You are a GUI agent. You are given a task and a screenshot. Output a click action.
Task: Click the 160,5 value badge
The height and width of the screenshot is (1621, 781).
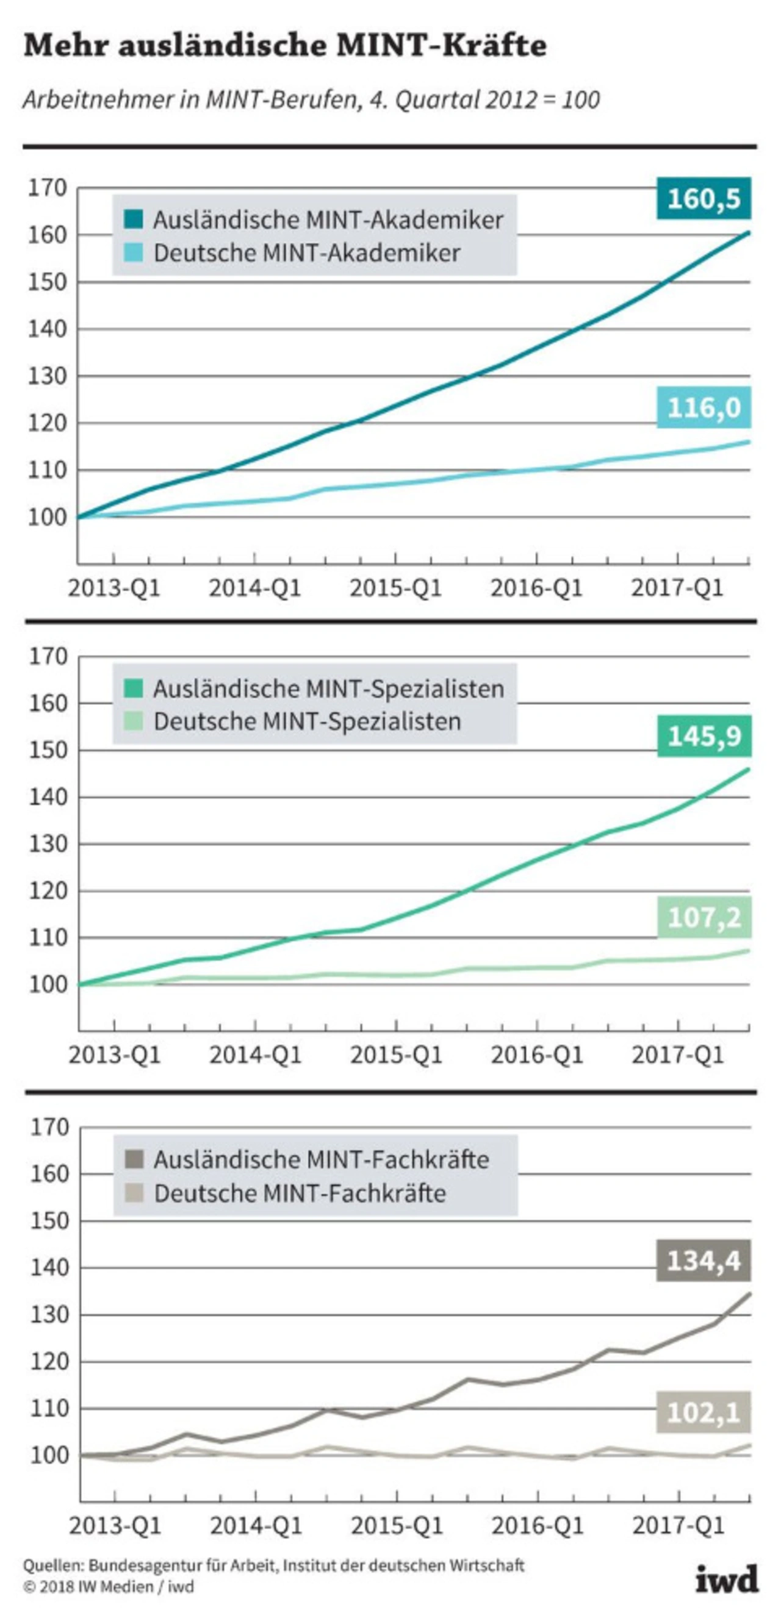coord(704,199)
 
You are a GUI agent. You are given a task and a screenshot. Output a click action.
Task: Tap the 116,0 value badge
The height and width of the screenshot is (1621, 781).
coord(704,408)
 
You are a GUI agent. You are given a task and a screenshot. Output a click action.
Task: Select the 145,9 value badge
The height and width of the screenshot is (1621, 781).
coord(704,735)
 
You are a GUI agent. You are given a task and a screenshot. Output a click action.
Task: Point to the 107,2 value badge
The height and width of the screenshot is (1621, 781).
coord(704,917)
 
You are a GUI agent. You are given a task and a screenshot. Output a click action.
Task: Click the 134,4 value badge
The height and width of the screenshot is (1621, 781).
coord(704,1261)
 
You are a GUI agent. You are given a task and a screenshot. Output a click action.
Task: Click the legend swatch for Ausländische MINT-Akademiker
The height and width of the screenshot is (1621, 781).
coord(134,220)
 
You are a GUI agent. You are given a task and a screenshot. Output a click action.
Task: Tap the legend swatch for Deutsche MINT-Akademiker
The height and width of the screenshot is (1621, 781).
coord(134,253)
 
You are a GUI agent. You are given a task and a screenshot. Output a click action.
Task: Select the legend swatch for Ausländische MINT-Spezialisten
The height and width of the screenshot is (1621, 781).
coord(134,689)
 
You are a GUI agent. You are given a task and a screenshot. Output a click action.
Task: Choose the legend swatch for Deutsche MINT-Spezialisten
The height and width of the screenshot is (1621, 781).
coord(134,721)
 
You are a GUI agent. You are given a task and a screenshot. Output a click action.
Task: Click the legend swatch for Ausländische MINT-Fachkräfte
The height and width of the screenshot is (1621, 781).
coord(134,1159)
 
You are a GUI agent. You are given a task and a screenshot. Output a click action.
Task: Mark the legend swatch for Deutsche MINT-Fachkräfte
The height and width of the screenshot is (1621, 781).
coord(134,1193)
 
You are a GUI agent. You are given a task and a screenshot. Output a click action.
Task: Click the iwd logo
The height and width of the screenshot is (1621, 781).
coord(727,1580)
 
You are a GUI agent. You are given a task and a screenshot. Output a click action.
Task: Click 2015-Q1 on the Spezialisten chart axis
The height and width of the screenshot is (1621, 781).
coord(397,1055)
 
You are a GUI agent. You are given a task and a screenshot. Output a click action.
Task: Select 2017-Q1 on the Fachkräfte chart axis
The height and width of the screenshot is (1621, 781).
coord(678,1526)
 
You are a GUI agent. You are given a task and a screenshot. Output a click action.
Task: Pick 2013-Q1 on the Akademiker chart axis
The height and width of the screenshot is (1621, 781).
coord(114,589)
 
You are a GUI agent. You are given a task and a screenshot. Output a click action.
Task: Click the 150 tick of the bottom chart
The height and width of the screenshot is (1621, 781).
coord(49,1221)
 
